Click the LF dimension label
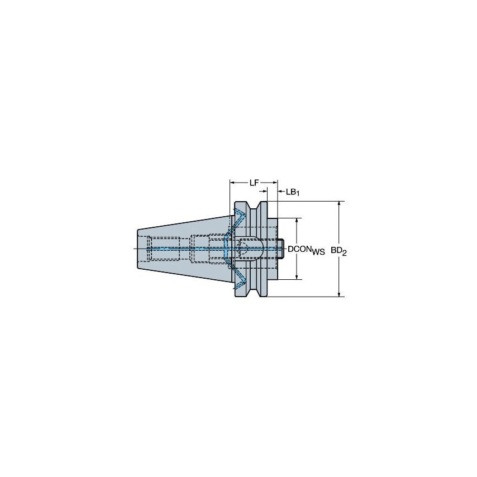[x=253, y=182]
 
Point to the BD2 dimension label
[x=338, y=251]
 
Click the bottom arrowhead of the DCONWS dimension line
[x=297, y=276]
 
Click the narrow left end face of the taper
[x=137, y=248]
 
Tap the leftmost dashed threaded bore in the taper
[x=163, y=248]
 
